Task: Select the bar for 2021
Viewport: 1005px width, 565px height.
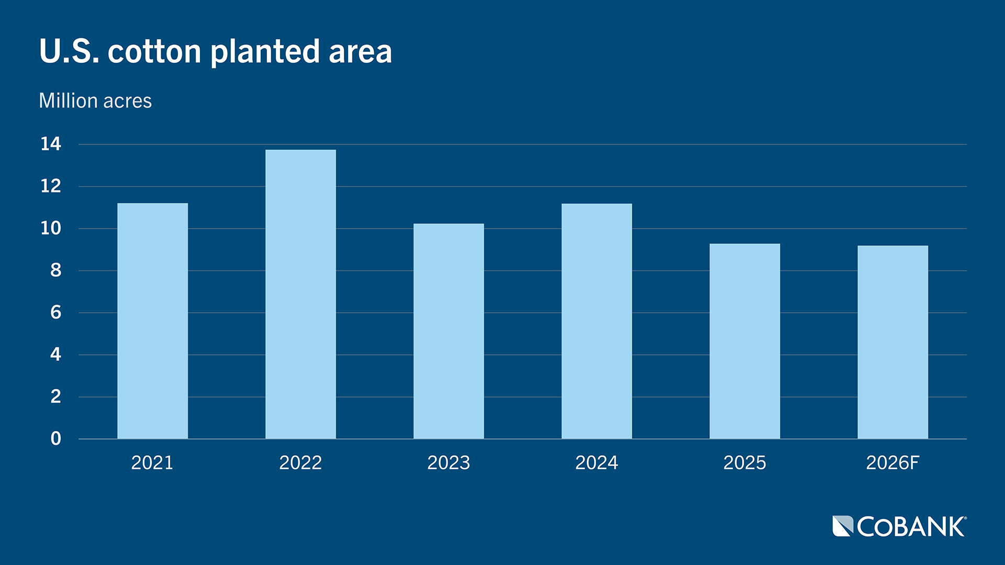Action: [152, 321]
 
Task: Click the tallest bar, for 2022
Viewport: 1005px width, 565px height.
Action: [300, 294]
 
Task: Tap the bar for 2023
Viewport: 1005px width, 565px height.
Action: [449, 331]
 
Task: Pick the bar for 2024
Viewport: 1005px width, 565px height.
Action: [597, 321]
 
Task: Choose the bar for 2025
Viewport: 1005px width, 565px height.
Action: [744, 341]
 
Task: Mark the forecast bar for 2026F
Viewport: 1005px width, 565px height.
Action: [892, 342]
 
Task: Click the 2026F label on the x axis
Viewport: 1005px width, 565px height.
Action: [892, 462]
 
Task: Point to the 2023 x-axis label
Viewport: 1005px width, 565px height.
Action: [449, 462]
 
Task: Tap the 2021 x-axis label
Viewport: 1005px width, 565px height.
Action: [152, 462]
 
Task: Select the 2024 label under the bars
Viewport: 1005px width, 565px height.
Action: [597, 462]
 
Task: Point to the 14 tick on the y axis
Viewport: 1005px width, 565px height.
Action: [51, 144]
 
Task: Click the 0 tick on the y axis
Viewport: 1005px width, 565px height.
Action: [55, 438]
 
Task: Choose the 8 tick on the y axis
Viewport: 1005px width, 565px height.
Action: [55, 270]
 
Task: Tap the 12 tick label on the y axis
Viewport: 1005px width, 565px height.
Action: [51, 186]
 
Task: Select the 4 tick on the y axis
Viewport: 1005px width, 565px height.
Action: [55, 355]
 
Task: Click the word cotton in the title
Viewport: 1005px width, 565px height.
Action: [154, 52]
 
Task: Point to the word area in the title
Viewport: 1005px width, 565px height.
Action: [360, 52]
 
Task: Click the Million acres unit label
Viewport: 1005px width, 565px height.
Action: [95, 100]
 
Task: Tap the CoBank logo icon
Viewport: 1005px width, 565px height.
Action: [843, 526]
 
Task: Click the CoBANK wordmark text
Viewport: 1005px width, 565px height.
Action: [911, 527]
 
